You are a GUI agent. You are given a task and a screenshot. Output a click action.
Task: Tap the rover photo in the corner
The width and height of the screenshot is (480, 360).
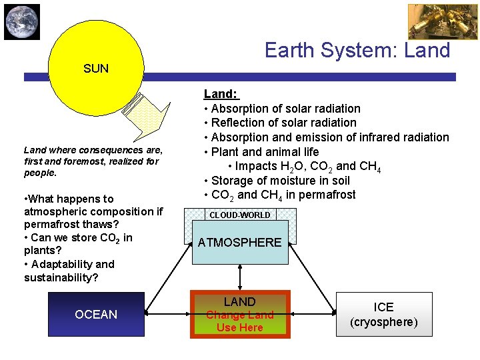(433, 22)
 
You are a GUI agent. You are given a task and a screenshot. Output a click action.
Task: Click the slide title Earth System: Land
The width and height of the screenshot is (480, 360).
(357, 50)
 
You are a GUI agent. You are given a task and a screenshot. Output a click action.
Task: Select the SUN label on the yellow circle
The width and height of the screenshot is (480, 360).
(96, 68)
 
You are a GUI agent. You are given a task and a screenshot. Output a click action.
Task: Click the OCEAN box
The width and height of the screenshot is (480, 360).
(96, 314)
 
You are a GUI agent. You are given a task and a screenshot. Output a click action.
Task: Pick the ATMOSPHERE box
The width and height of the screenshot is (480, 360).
(240, 243)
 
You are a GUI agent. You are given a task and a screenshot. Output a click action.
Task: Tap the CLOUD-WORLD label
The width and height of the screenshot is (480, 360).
(240, 215)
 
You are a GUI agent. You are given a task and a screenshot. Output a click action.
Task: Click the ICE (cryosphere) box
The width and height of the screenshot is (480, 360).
(383, 314)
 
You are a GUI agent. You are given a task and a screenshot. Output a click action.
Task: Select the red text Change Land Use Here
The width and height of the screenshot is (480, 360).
(240, 321)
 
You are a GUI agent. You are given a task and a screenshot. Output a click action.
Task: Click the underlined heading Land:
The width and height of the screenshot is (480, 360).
(221, 95)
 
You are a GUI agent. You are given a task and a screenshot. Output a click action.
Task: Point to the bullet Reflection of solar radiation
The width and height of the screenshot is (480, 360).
(283, 123)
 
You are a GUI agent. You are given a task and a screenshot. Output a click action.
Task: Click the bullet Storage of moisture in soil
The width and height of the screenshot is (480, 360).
(280, 181)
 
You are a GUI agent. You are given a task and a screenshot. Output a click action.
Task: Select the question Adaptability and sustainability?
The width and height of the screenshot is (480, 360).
(69, 271)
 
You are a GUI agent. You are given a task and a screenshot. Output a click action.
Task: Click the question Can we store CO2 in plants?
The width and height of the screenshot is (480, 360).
(78, 245)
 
